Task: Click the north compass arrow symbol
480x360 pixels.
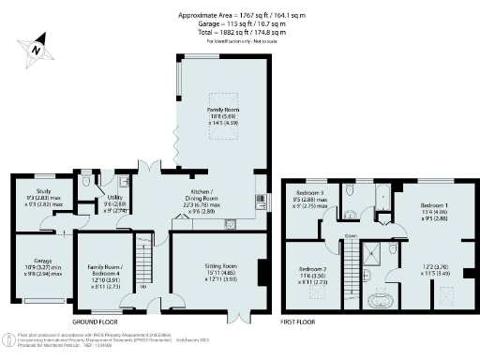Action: [34, 45]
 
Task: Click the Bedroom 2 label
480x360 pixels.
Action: [312, 273]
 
